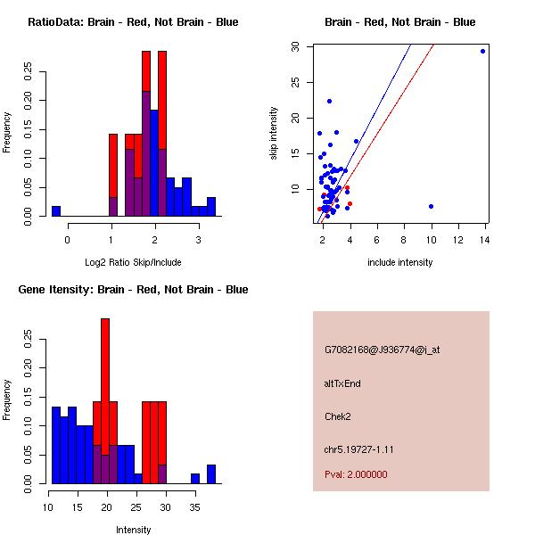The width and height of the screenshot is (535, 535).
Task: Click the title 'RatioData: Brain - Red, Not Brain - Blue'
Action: (133, 22)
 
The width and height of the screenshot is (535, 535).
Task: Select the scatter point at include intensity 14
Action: (482, 51)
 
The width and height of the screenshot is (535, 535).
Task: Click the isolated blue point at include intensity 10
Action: (431, 206)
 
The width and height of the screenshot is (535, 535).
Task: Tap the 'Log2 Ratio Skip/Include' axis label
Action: (133, 262)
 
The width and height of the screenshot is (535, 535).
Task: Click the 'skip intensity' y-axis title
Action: (274, 134)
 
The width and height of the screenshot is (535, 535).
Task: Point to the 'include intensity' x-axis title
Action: (399, 262)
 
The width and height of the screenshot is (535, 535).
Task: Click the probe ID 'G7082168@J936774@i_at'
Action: (382, 350)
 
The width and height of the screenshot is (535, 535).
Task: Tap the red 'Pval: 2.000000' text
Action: (356, 474)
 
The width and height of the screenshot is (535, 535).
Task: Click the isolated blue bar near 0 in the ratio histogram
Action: (55, 211)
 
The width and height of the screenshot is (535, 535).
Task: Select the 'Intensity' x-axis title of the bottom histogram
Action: (133, 530)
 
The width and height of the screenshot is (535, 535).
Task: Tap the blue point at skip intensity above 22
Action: (329, 101)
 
